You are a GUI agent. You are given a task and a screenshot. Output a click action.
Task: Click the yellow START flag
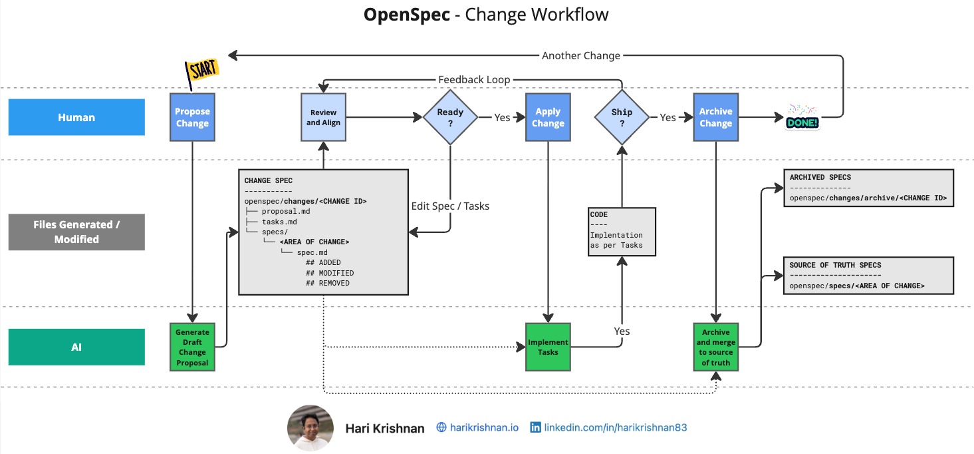coord(201,69)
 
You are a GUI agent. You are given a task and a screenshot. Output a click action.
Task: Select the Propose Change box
coord(192,117)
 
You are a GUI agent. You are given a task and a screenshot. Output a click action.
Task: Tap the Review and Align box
coord(323,117)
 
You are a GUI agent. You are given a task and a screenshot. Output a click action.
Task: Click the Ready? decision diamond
coord(451,117)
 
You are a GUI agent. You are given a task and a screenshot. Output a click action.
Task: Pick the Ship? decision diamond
coord(622,117)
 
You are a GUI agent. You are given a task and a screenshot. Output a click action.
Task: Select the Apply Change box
coord(548,117)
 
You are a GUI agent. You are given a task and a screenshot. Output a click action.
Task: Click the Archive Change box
coord(715,117)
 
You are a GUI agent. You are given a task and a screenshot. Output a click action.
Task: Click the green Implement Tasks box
coord(548,347)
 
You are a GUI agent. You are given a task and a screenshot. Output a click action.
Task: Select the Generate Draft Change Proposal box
coord(192,347)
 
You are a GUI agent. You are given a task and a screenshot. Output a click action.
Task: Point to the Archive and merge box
coord(715,347)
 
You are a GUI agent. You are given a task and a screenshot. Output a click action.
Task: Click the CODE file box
coord(622,231)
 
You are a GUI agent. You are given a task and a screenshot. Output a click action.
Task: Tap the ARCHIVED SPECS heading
coord(820,177)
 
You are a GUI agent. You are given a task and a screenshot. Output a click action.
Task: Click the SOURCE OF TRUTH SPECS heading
coord(835,265)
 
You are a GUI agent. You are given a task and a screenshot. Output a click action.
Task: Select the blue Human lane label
coord(76,117)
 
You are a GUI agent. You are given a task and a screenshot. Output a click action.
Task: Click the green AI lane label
coord(76,347)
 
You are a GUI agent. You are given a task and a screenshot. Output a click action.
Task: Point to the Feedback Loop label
coord(474,80)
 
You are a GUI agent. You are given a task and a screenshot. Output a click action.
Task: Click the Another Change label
coord(580,56)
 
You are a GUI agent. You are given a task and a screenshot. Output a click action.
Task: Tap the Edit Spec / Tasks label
coord(450,206)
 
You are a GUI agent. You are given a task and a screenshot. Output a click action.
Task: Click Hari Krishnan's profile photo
coord(310,428)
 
